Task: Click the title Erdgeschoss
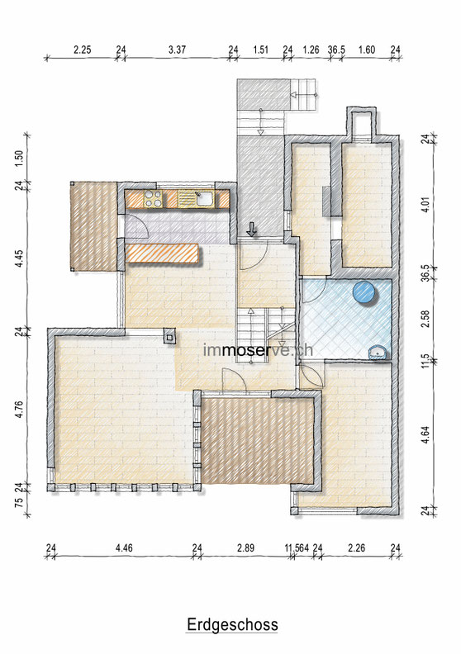pos(232,625)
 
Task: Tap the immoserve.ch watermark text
pos(258,349)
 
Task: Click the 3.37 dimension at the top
pos(177,50)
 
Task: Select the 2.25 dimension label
pos(82,50)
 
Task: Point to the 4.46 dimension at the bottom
pos(124,547)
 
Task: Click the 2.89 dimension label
pos(245,547)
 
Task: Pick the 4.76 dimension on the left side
pos(18,410)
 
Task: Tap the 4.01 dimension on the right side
pos(425,205)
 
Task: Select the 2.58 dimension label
pos(425,319)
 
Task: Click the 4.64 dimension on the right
pos(425,434)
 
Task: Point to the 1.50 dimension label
pos(18,159)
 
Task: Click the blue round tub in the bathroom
pos(364,291)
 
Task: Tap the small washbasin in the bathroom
pos(378,353)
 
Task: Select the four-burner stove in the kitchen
pos(153,199)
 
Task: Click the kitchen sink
pos(203,199)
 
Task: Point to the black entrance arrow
pos(252,229)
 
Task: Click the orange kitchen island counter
pos(162,254)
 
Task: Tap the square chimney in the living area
pos(170,335)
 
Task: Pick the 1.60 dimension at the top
pos(367,50)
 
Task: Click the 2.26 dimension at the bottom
pos(357,547)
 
